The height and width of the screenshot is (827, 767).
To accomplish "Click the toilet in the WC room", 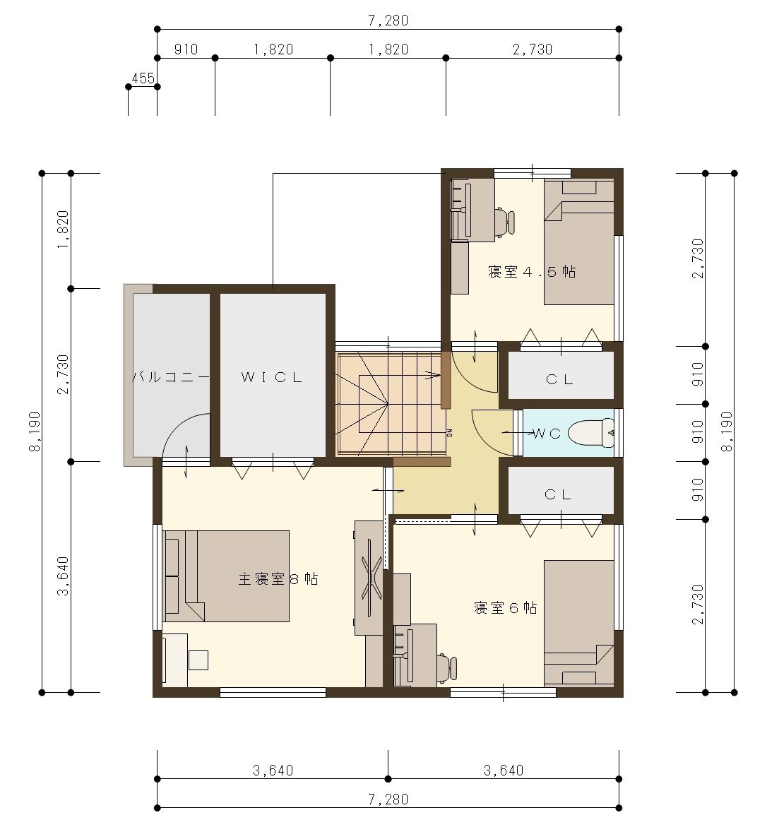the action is point(593,433).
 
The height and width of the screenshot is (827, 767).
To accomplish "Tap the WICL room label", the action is point(272,377).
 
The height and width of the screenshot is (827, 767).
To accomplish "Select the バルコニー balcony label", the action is point(171,377).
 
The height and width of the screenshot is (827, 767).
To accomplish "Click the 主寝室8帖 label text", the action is point(278,579).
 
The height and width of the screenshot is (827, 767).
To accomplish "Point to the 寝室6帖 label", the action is point(506,607).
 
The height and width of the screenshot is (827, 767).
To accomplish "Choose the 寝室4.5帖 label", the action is point(532,272).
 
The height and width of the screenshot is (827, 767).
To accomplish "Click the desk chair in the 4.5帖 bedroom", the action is point(505,222).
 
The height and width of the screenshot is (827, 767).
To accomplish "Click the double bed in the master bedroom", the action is point(227,576).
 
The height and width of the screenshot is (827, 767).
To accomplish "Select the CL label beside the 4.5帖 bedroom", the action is point(559,379).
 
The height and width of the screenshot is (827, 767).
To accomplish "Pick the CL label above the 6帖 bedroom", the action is point(558,494).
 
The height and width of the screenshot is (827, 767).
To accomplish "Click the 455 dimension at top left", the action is point(143,78).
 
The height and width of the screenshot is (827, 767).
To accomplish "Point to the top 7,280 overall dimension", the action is point(388,20).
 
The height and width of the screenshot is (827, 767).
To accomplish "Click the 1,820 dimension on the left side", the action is point(63,230).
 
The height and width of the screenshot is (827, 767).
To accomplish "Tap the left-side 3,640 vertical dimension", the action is point(63,576).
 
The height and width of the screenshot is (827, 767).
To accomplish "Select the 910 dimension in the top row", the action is point(186,49).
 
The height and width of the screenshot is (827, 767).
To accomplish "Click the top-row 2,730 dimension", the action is point(533,49).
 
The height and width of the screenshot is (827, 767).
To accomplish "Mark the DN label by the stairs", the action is point(450,433).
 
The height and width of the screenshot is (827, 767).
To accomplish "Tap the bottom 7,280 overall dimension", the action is point(388,799).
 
